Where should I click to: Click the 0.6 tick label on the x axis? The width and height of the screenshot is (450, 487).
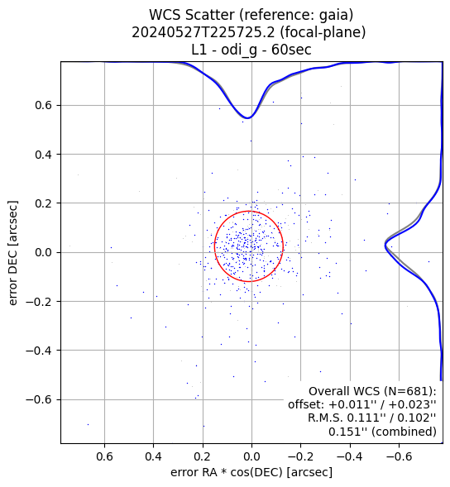(104, 457)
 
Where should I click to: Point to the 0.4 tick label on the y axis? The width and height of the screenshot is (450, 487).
(43, 155)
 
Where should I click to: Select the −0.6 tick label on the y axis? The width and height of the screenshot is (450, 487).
(39, 399)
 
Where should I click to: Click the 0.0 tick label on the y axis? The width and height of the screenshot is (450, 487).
(43, 252)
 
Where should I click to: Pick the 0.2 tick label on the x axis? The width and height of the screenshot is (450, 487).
(203, 457)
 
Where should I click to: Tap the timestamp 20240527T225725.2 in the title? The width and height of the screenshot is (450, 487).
(203, 32)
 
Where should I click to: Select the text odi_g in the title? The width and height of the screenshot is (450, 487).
(239, 50)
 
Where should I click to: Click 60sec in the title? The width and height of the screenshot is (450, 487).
(291, 50)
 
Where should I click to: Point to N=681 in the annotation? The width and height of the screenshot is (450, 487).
(406, 391)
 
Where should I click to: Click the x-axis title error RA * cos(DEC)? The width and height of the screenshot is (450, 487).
(228, 472)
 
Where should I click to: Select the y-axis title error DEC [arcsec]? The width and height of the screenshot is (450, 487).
(12, 252)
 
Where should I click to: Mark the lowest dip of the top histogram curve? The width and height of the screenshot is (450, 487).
(248, 118)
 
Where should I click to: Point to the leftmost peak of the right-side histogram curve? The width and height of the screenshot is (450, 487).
(385, 246)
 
